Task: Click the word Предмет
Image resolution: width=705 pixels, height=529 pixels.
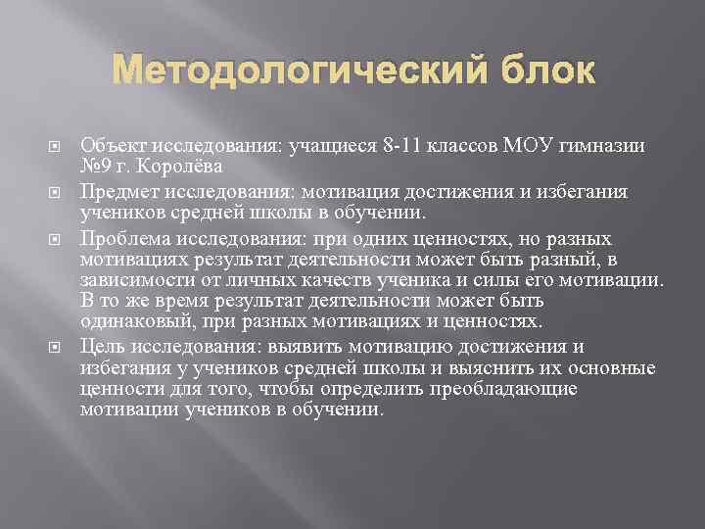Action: click(x=117, y=190)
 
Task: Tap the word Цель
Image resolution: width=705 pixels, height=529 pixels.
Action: click(x=101, y=346)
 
